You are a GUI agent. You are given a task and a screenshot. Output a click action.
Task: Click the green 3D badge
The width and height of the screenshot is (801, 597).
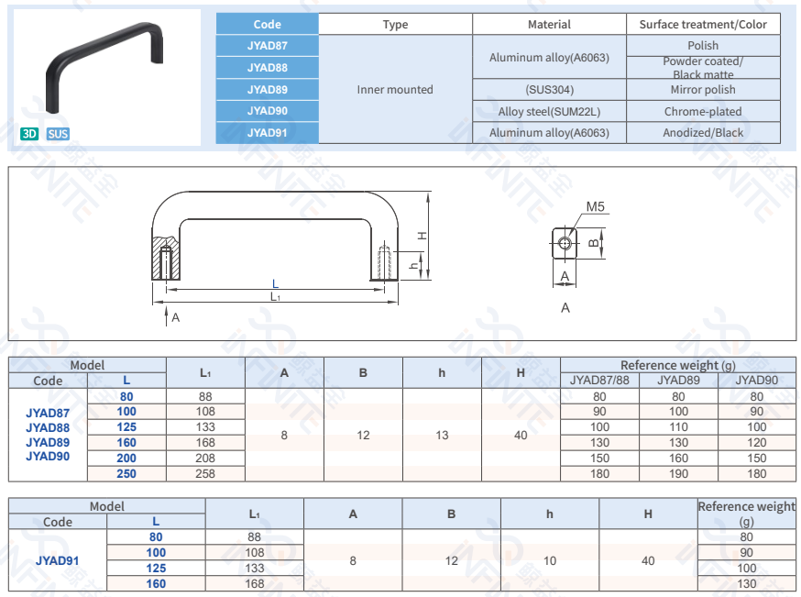point(29,134)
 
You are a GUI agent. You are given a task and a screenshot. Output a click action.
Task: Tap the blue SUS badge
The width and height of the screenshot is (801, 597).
point(58,134)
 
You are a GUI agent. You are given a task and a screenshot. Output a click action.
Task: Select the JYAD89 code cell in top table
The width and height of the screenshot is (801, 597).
point(267,90)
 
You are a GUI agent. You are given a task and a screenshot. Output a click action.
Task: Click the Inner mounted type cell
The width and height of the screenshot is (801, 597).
point(395,90)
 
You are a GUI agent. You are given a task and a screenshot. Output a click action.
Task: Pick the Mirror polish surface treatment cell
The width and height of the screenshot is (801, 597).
point(703,90)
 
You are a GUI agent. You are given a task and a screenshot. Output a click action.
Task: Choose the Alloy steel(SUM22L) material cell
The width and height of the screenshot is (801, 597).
point(549,112)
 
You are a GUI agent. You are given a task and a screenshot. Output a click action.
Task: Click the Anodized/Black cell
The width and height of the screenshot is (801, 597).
point(703,133)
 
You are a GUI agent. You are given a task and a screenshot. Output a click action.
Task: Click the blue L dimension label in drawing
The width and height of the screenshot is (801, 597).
point(275,284)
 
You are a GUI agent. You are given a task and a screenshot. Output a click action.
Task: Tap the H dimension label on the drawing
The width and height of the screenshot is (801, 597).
point(422,236)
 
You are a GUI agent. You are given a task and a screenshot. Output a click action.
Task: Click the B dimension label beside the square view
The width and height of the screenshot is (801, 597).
point(593,243)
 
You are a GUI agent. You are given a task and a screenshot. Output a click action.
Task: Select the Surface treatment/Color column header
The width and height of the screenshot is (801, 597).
point(703,25)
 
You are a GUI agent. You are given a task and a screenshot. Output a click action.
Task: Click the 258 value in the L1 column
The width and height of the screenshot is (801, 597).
point(205,473)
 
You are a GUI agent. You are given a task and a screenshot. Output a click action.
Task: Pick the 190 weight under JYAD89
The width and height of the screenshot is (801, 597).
point(678,473)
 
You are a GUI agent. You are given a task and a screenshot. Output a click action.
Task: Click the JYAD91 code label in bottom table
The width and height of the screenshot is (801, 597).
point(58,560)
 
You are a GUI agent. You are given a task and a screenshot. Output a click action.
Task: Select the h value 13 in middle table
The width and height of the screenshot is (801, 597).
point(442,435)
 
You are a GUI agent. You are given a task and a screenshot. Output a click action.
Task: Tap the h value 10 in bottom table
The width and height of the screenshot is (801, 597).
point(549,560)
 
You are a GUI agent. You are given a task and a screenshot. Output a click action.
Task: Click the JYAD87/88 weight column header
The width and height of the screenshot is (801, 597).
point(599,380)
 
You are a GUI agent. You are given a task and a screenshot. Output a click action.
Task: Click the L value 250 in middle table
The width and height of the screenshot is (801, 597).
point(126,473)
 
